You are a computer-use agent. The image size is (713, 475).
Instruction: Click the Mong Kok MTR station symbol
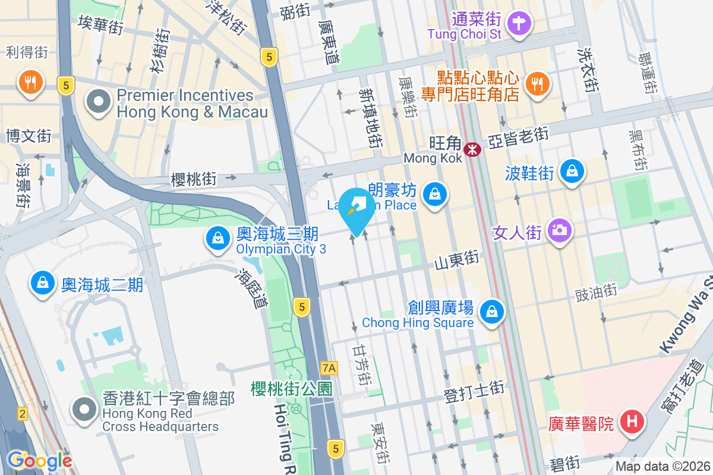point(473,150)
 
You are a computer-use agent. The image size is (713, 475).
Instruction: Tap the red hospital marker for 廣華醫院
point(632,422)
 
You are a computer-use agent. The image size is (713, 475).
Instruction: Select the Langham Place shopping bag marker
point(435,194)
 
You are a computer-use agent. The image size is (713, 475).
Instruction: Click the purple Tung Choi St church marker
point(521,24)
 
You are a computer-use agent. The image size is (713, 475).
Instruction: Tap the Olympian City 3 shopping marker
point(218,239)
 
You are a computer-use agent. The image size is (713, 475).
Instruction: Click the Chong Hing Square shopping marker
point(492,311)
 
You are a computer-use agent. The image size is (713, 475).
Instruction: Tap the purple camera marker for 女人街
point(560,229)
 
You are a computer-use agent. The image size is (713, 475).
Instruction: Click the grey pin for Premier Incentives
point(99,103)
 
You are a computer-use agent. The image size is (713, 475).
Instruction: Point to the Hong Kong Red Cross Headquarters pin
point(84,409)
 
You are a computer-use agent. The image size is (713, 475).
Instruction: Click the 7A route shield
point(328,368)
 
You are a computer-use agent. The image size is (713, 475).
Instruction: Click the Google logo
point(39,461)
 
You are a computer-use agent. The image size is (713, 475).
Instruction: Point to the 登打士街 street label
point(474,389)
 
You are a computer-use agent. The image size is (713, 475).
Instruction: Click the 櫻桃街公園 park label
point(291,388)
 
